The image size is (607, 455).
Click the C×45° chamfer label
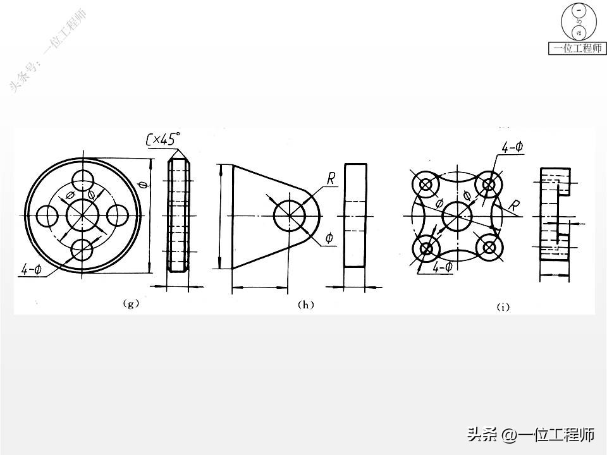pos(163,140)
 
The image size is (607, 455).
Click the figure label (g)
pos(131,304)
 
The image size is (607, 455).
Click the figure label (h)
pos(305,305)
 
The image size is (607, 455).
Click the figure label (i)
pos(503,307)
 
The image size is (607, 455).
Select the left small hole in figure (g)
pos(48,215)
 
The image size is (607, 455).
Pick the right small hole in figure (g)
pos(118,215)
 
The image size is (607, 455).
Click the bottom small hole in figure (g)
pos(83,250)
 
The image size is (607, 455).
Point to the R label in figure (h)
pos(331,179)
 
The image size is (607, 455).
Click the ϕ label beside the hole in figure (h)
pos(329,238)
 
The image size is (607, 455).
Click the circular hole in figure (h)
pos(289,216)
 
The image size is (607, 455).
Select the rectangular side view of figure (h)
pos(355,216)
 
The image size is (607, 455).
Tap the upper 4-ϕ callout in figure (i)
pos(512,147)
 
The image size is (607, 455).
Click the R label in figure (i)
pos(516,205)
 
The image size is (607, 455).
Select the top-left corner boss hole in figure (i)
pos(425,185)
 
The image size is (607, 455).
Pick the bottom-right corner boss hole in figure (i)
pos(489,248)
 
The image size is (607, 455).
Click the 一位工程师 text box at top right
pos(577,48)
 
